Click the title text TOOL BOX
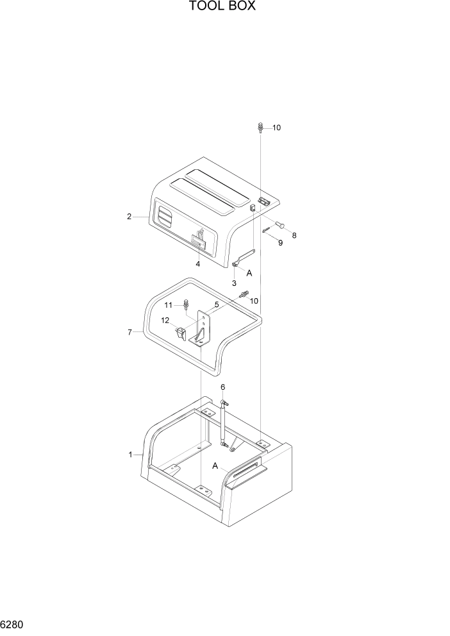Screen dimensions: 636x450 [x=222, y=7]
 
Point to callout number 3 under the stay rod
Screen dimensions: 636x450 [x=235, y=283]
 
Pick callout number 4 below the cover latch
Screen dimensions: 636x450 [x=198, y=264]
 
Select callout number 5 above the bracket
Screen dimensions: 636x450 [x=217, y=305]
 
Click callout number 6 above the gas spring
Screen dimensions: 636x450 [x=222, y=387]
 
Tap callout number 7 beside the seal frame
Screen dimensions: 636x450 [x=129, y=332]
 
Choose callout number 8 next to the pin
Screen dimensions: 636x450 [x=294, y=235]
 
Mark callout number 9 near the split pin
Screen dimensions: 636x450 [x=280, y=243]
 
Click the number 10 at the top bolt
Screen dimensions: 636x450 [x=276, y=128]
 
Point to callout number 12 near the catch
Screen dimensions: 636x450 [x=165, y=321]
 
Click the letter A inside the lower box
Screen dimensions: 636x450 [x=216, y=465]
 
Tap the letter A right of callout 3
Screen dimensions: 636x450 [x=249, y=273]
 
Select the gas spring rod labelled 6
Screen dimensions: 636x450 [x=223, y=423]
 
